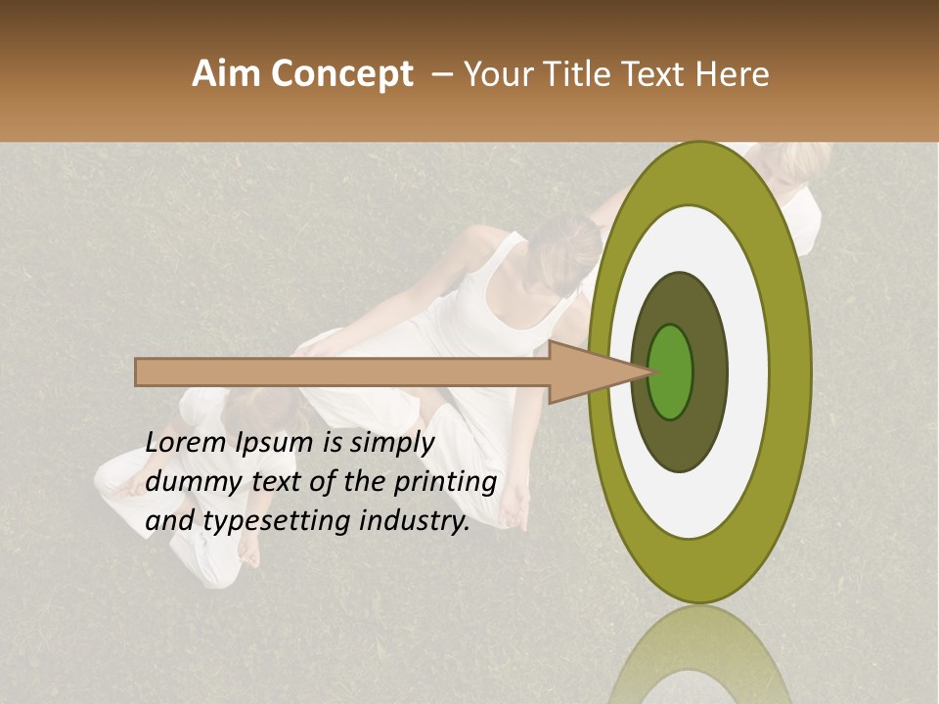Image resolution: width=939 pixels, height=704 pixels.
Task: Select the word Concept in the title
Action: (341, 74)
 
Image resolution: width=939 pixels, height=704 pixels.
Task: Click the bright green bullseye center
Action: (671, 372)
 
